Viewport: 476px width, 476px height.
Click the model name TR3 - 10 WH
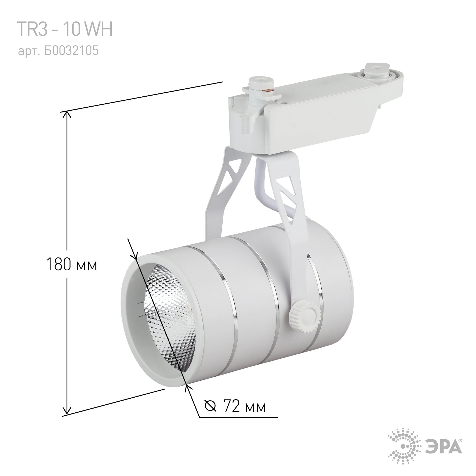pyautogui.click(x=65, y=30)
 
